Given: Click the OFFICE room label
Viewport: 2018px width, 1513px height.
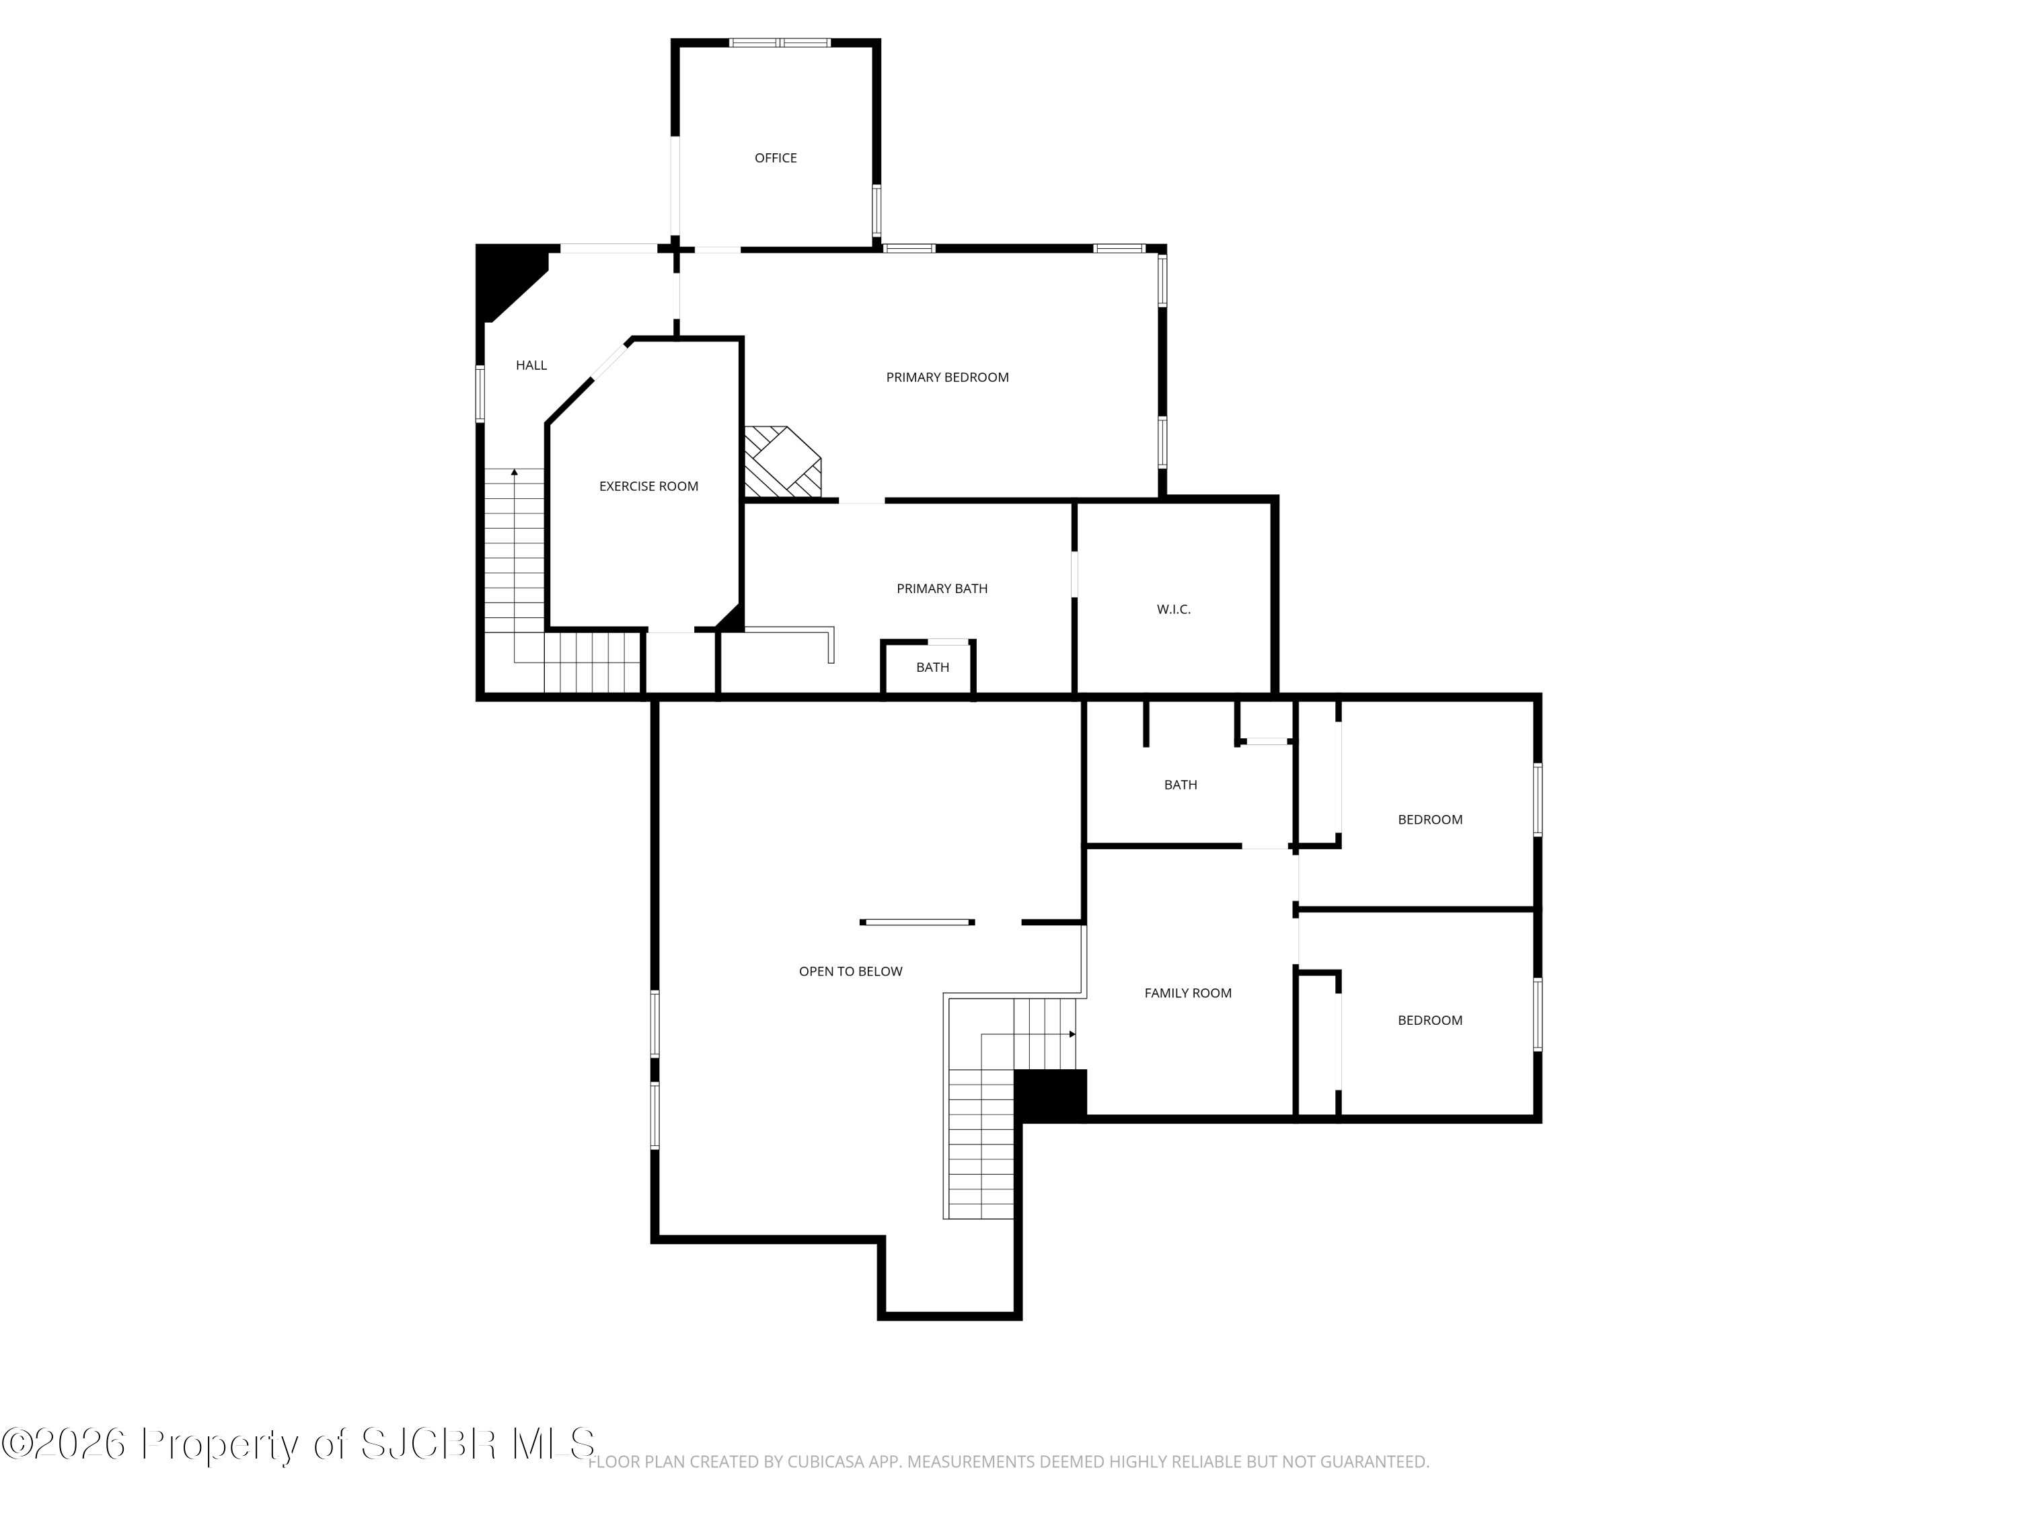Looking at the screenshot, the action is (x=776, y=158).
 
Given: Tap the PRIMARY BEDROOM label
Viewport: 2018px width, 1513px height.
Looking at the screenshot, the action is (x=947, y=377).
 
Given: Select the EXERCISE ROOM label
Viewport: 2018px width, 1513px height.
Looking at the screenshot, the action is (x=648, y=486).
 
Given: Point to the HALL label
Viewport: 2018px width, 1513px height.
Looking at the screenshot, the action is (x=531, y=364).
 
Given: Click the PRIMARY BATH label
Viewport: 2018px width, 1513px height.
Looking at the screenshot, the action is (x=942, y=588).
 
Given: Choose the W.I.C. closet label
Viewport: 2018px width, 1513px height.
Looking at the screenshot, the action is (x=1173, y=609).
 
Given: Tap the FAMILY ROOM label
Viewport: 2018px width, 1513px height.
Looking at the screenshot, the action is (x=1188, y=993).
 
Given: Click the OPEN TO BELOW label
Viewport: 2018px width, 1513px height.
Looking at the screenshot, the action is (x=850, y=971).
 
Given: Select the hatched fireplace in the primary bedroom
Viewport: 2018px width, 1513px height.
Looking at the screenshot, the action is (x=783, y=461).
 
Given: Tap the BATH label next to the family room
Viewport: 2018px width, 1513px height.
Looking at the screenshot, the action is (x=1181, y=784).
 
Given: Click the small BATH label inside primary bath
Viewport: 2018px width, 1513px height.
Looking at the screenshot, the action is (x=932, y=668).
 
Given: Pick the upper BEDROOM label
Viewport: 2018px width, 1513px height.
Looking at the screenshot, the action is (x=1429, y=819).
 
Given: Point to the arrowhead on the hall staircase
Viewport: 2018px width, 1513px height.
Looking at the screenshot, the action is (x=515, y=471).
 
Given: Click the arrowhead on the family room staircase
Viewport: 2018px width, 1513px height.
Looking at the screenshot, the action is (x=1073, y=1034).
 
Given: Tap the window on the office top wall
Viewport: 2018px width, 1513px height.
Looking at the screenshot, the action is (x=780, y=42).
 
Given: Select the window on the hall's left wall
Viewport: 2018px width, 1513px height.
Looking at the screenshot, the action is (x=480, y=394).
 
